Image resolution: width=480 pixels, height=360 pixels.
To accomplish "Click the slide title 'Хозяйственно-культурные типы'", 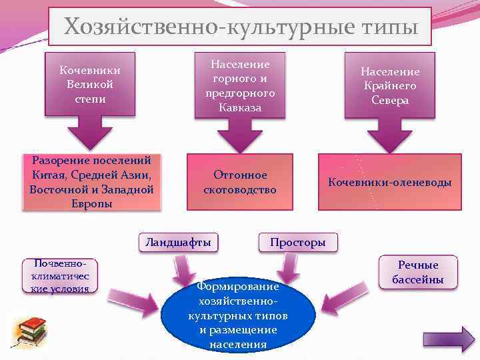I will point(240,27).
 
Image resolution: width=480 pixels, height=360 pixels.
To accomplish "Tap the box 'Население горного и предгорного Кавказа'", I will point(240,85).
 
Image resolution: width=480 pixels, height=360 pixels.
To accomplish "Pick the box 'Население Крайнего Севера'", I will point(390,85).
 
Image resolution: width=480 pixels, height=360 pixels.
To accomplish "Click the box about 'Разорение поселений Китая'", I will point(92,182).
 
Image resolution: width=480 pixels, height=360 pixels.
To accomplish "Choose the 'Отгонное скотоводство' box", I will point(240,182).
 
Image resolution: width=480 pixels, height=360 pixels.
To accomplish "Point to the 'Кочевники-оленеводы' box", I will point(390,182).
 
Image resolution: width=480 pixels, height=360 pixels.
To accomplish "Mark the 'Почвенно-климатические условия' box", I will point(59,275).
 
